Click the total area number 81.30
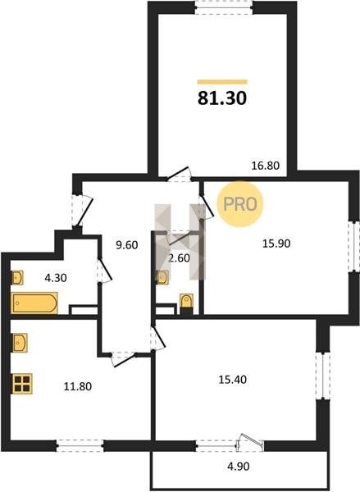coord(222,98)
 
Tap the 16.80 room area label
coord(266,166)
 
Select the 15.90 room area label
coord(276,244)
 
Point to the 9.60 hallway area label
coord(127,245)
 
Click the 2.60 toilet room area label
coord(180,258)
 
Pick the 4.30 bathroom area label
coord(56,278)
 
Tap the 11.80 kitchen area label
coord(78,386)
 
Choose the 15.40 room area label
coord(233,380)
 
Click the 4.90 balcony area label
coord(239,467)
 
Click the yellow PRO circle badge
coord(240,204)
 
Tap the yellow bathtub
coord(34,303)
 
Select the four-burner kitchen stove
coord(23,384)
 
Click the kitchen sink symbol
coord(20,343)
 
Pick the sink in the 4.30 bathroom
coord(17,278)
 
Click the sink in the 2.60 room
coord(162,277)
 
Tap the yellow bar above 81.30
coord(222,82)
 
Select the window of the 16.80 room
coord(224,7)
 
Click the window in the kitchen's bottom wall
coord(80,445)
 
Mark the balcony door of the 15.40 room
coord(250,443)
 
